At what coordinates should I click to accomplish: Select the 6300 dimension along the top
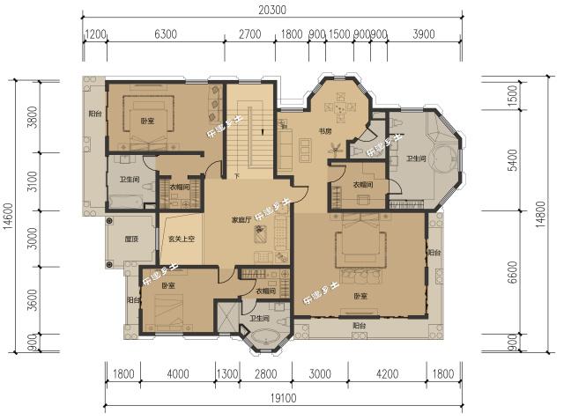click(x=165, y=34)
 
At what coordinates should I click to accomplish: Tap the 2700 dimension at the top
click(x=249, y=34)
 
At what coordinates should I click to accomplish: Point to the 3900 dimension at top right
click(x=424, y=34)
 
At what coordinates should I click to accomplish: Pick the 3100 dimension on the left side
click(x=33, y=182)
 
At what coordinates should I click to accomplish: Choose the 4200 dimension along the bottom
click(x=387, y=374)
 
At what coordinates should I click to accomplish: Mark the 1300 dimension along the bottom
click(x=226, y=374)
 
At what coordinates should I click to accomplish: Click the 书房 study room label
click(x=324, y=133)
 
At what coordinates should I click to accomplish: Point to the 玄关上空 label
click(x=180, y=238)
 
